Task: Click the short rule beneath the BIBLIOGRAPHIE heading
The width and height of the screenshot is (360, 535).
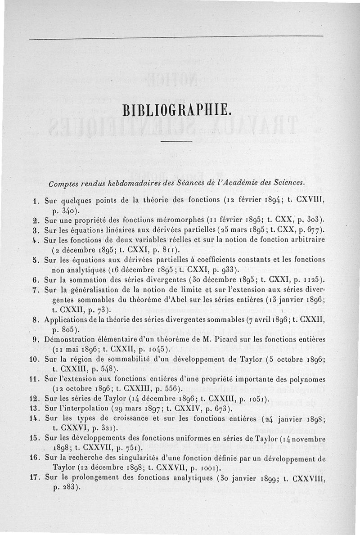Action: coord(176,142)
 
